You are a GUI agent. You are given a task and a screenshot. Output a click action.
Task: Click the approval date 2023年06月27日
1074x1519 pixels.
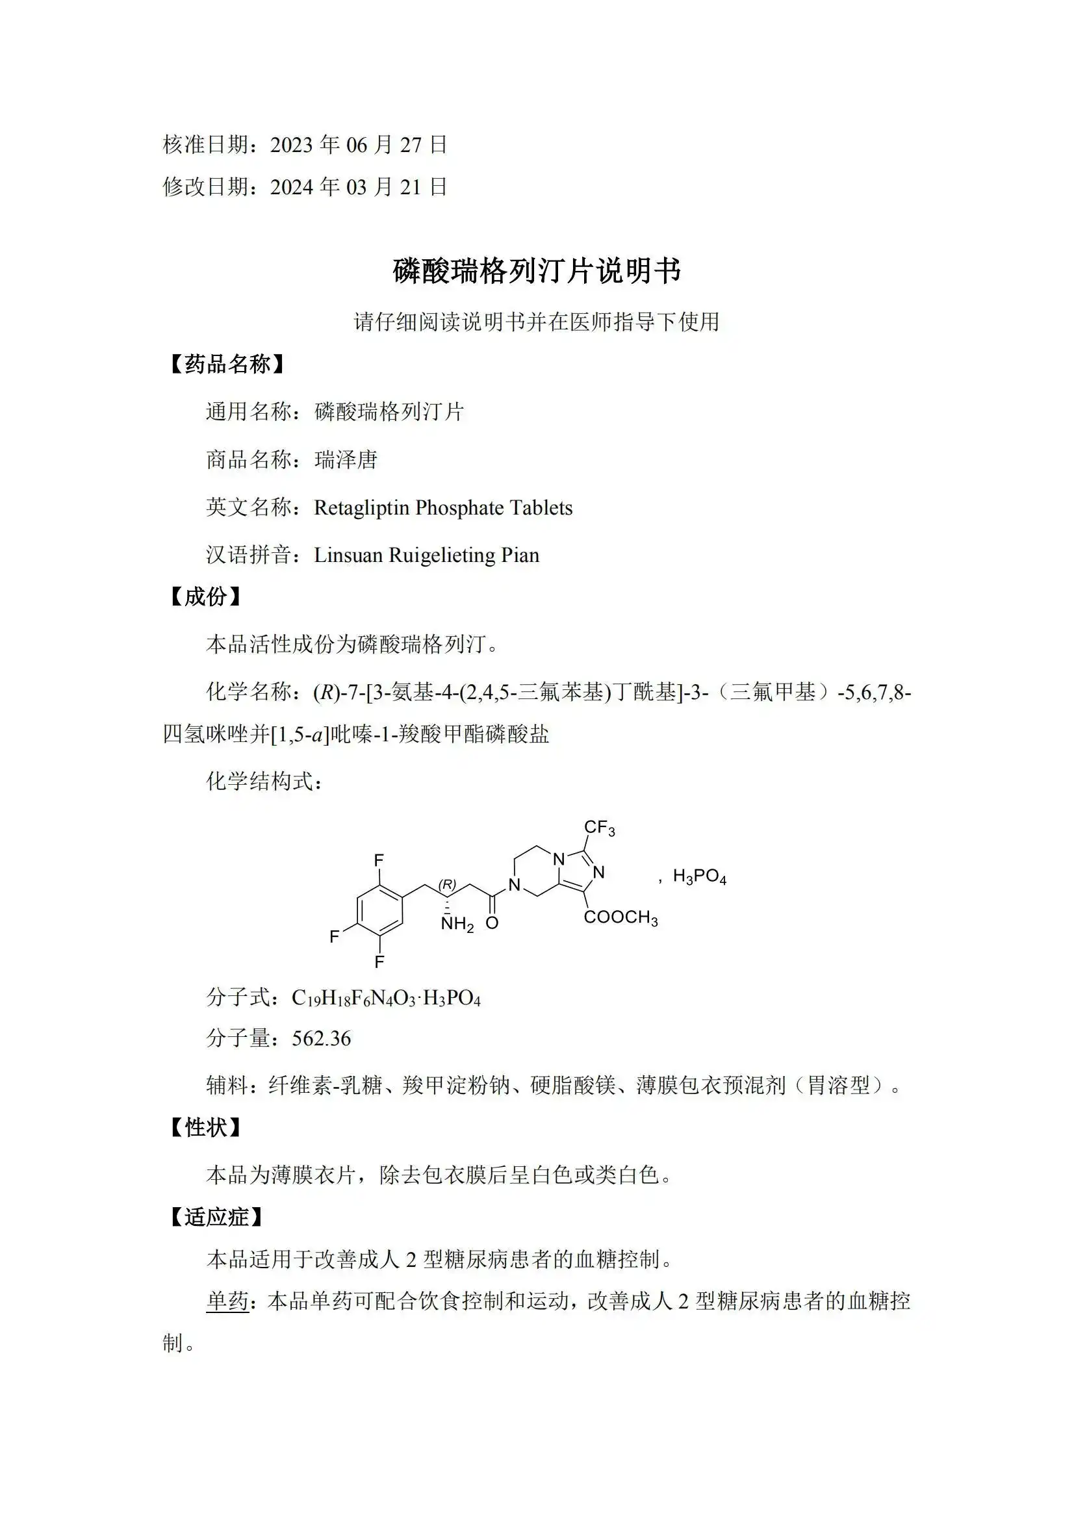(x=358, y=145)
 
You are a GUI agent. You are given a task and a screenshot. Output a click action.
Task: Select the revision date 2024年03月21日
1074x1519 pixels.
(x=358, y=187)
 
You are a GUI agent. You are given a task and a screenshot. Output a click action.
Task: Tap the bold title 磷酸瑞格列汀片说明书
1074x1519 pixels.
(x=537, y=272)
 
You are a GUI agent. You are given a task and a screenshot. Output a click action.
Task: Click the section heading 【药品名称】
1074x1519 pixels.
(x=227, y=364)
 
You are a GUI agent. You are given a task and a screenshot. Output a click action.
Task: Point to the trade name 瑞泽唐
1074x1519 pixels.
(x=346, y=460)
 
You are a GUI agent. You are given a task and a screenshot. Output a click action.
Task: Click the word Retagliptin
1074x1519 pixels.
(x=361, y=507)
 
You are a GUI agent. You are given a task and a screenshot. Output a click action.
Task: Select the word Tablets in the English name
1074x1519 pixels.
(x=543, y=507)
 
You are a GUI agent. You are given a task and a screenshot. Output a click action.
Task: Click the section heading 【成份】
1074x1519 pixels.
(x=205, y=596)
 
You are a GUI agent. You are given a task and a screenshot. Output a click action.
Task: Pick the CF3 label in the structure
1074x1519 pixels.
(x=600, y=828)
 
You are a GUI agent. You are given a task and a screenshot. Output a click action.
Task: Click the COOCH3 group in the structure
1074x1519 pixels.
(x=620, y=917)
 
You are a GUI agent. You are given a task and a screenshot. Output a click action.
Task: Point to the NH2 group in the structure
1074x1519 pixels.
(x=457, y=924)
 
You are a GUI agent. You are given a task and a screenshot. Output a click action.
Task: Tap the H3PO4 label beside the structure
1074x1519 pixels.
(x=700, y=876)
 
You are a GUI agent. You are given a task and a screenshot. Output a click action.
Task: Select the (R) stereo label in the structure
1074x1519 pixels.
(x=448, y=884)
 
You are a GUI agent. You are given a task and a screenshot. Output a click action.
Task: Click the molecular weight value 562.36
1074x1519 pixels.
(x=321, y=1038)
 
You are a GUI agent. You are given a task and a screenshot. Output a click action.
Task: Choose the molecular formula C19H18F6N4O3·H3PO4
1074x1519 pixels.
(x=386, y=998)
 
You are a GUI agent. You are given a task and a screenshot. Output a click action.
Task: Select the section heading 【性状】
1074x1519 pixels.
(x=205, y=1127)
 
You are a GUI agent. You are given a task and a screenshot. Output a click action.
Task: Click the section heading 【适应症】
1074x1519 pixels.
(x=216, y=1217)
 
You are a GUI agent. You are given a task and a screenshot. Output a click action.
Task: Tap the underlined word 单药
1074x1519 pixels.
(x=227, y=1301)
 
